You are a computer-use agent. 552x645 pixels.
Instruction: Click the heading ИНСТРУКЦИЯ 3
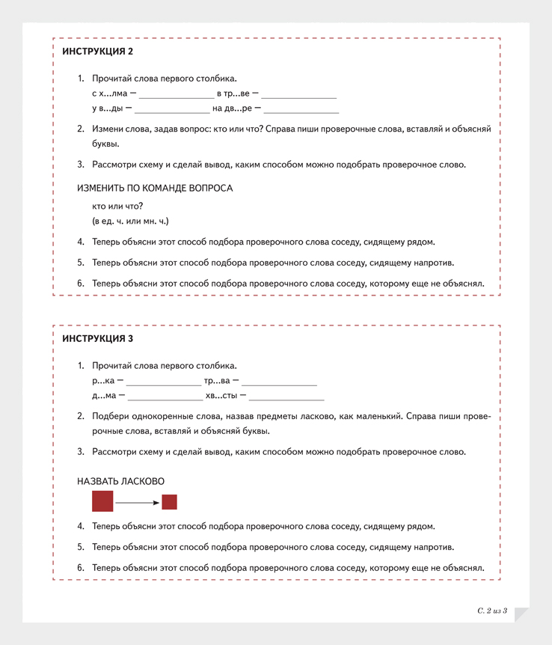click(x=97, y=339)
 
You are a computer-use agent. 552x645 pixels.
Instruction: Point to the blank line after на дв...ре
click(x=301, y=111)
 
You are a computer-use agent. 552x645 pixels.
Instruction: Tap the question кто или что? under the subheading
click(x=117, y=206)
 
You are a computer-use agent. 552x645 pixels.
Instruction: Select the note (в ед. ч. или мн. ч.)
click(x=131, y=221)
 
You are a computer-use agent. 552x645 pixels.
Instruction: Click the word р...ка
click(x=102, y=382)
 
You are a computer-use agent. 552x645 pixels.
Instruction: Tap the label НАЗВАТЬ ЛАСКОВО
click(x=120, y=481)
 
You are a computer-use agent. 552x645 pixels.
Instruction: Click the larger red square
click(x=102, y=501)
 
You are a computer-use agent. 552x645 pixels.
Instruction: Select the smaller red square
click(x=169, y=502)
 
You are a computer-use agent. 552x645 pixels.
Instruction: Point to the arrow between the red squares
click(x=137, y=502)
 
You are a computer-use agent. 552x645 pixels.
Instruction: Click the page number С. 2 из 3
click(x=491, y=611)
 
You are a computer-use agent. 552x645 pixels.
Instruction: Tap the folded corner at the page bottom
click(x=521, y=614)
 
